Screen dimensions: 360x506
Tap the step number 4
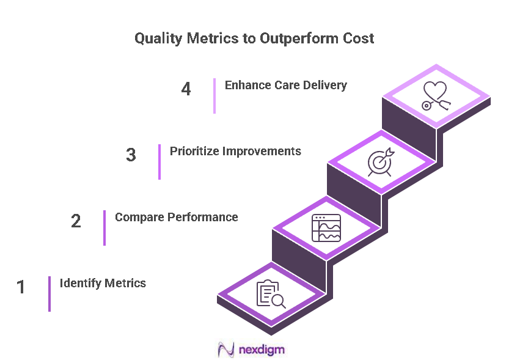(186, 89)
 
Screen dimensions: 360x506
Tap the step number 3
(131, 155)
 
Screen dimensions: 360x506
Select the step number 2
(76, 221)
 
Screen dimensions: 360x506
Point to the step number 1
(21, 287)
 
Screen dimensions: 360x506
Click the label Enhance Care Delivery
(285, 86)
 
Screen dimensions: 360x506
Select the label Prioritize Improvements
(235, 151)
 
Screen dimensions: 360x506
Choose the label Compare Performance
(177, 217)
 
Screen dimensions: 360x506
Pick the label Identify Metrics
(103, 283)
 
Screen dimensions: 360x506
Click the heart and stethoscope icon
(436, 97)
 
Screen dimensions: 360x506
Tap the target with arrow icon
(381, 162)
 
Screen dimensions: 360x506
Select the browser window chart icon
(326, 228)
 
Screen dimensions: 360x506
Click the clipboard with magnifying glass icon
(271, 294)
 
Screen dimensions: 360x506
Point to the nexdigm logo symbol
(227, 350)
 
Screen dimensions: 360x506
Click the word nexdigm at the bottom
(262, 350)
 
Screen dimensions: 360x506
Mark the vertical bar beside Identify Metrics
(50, 294)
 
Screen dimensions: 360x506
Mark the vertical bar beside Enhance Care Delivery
(215, 96)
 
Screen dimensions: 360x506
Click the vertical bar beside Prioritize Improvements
(159, 162)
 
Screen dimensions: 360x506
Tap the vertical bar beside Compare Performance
(105, 228)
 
